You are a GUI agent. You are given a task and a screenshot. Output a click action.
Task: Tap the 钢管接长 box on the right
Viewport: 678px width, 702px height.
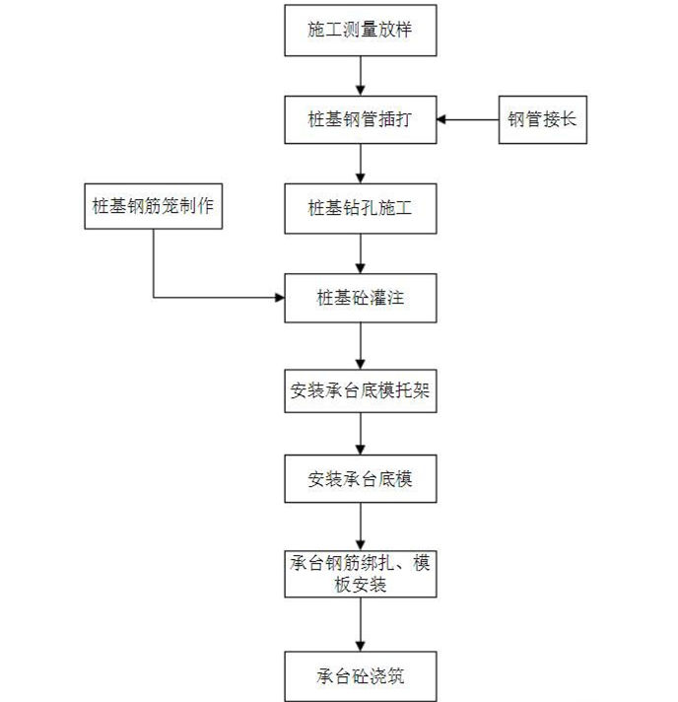pos(542,119)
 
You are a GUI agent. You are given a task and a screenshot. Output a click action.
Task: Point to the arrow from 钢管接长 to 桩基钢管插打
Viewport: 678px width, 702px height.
pos(467,119)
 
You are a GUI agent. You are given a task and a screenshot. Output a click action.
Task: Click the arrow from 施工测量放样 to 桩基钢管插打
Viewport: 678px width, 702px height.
pos(361,75)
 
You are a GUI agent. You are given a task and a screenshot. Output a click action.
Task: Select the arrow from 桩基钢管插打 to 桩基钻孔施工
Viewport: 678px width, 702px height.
pos(361,164)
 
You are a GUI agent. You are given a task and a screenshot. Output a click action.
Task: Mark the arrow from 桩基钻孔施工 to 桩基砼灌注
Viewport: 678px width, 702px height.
pos(361,252)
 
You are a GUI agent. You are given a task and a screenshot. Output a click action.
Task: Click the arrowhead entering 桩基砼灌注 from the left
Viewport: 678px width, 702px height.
pos(278,296)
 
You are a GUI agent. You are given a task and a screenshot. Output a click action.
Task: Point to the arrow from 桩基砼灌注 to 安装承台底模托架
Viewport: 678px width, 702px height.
pos(361,343)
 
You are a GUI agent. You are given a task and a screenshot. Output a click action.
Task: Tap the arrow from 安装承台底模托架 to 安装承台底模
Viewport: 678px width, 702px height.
pos(361,435)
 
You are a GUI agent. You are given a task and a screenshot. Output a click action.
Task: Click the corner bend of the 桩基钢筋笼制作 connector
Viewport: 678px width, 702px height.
pos(153,296)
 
